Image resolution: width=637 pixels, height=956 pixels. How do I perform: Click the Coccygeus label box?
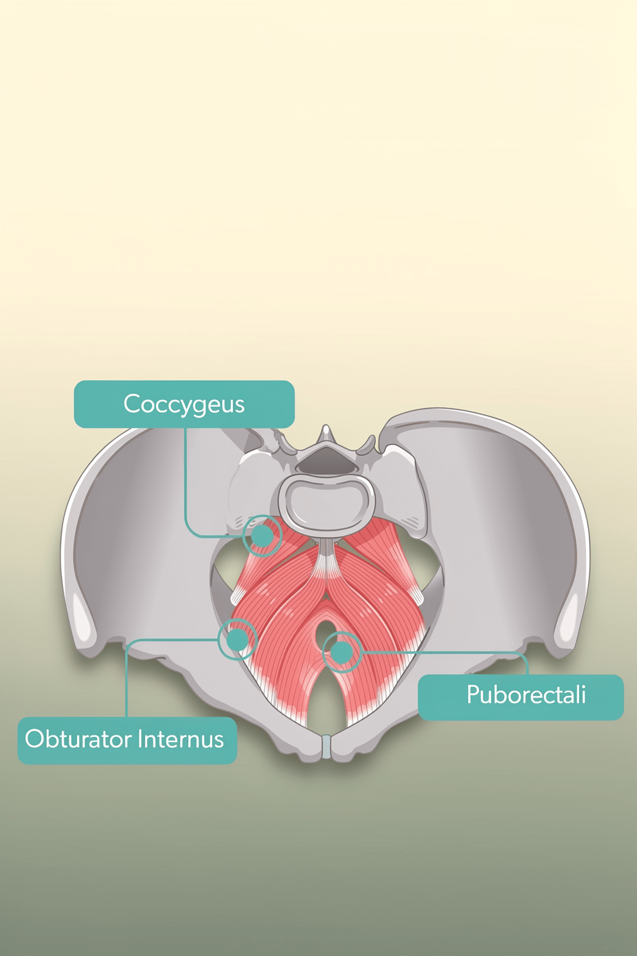coord(184,403)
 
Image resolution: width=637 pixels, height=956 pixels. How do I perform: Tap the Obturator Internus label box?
coord(127,741)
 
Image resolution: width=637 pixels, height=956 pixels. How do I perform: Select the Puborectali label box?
coord(521,697)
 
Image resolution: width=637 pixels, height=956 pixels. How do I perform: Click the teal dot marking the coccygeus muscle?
coord(262,536)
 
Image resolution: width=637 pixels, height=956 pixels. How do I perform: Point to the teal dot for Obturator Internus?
coord(237,639)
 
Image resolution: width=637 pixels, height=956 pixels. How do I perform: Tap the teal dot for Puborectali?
coord(342,652)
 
